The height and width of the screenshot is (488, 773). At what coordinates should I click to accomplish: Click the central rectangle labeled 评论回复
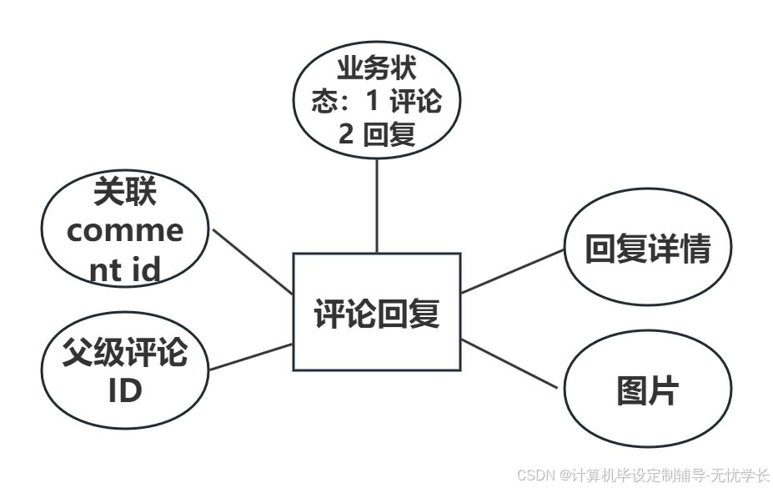(376, 312)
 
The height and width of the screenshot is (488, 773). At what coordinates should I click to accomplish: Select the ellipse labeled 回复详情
(647, 249)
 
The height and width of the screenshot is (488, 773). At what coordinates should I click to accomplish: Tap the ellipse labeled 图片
(648, 390)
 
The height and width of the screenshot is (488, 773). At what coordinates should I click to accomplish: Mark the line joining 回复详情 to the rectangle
(513, 271)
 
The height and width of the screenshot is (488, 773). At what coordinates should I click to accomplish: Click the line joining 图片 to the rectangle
(510, 364)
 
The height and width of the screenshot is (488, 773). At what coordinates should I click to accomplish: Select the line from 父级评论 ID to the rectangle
(250, 356)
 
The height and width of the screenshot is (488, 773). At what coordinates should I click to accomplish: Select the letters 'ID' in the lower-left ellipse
(125, 390)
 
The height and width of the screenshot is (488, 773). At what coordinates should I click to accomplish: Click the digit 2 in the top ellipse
(345, 133)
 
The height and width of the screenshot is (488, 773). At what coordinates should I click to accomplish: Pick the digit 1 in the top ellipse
(372, 101)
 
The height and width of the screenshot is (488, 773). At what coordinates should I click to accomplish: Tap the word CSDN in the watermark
(536, 475)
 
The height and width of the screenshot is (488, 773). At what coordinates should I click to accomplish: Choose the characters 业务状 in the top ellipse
(377, 68)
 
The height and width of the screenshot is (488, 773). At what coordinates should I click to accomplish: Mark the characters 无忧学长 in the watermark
(743, 475)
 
